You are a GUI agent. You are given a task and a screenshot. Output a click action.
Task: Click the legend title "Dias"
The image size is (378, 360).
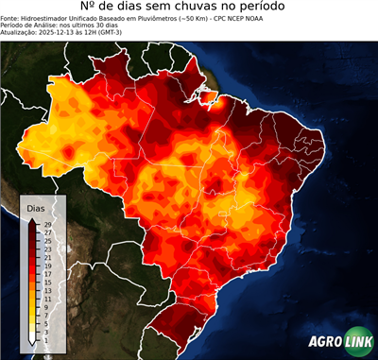35,207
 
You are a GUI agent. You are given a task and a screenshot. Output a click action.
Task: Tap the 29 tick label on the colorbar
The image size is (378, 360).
47,224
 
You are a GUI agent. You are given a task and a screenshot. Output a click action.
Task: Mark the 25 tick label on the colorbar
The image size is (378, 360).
47,240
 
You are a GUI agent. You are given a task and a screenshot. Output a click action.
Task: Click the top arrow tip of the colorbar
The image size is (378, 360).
32,219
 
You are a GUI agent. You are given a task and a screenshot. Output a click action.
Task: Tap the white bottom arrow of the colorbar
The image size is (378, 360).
32,337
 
